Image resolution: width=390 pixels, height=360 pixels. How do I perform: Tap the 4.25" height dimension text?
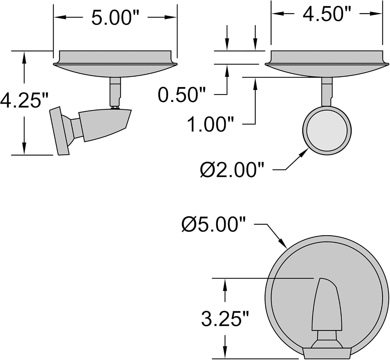click(x=24, y=100)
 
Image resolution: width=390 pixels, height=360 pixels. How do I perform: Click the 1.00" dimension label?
click(x=210, y=124)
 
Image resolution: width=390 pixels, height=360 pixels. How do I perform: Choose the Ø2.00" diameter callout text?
click(x=232, y=170)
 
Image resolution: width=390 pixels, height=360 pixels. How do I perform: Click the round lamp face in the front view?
click(x=327, y=130)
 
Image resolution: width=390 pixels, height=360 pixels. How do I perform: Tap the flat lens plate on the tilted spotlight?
click(x=60, y=131)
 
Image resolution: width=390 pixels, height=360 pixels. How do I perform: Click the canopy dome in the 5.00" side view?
click(x=115, y=70)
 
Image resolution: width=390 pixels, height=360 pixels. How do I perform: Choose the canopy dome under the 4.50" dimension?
click(x=327, y=70)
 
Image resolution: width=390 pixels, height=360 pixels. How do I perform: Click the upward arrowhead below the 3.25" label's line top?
click(x=225, y=282)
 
